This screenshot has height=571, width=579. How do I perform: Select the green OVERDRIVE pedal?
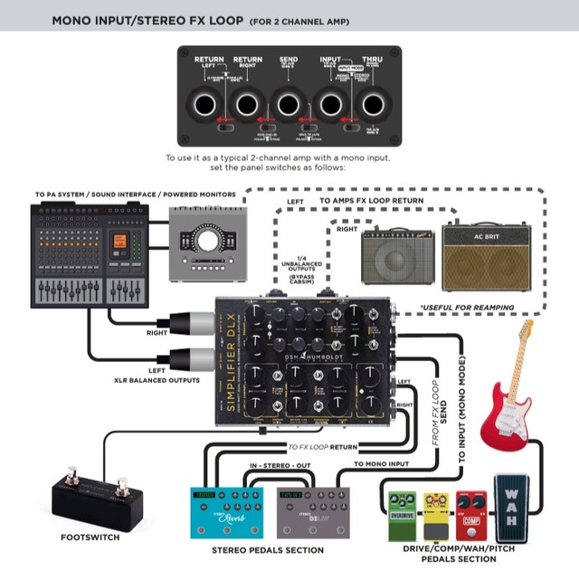(402, 510)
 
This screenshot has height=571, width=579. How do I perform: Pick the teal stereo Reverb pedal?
(226, 512)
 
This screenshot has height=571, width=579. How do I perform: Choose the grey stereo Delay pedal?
(312, 512)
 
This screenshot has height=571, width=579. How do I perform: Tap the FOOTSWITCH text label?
(90, 537)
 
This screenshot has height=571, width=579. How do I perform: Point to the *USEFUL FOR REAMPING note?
(466, 308)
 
